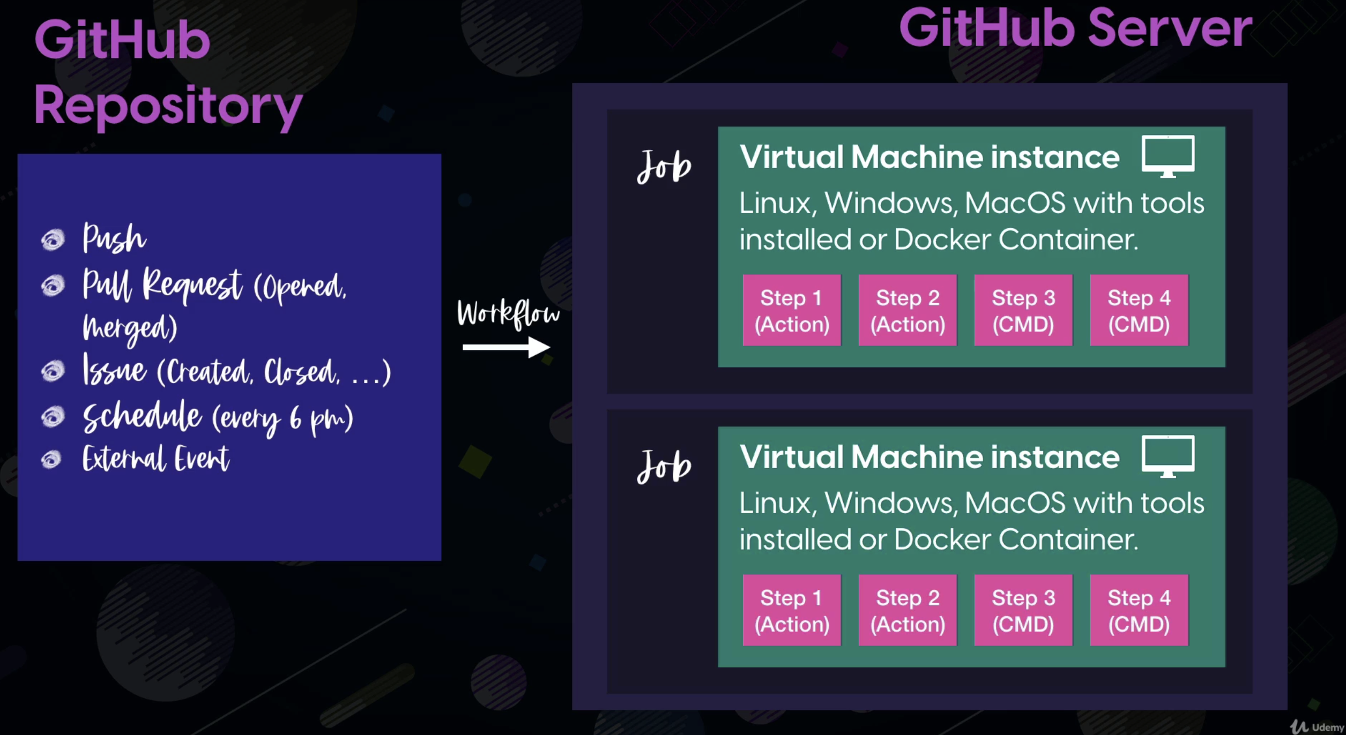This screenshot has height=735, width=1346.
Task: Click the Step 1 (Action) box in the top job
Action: click(792, 310)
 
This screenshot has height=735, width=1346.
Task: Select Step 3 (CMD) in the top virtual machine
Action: click(1023, 310)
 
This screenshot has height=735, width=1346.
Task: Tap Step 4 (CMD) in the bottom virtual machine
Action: click(1139, 610)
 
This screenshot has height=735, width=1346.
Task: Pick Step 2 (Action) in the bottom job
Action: click(908, 610)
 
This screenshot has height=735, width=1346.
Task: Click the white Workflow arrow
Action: click(506, 347)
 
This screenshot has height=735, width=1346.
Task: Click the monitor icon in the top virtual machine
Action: click(1167, 155)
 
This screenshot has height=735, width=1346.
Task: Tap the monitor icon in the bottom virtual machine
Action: click(1167, 455)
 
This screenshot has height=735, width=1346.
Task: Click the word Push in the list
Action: click(114, 238)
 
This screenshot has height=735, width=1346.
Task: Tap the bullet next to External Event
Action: click(51, 459)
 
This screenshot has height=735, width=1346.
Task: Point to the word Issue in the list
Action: click(114, 370)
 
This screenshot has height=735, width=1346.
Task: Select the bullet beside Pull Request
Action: click(53, 285)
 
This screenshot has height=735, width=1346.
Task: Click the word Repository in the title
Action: click(168, 106)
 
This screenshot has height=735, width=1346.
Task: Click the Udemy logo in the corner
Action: click(1317, 726)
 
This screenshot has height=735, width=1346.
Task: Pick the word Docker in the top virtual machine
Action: click(942, 239)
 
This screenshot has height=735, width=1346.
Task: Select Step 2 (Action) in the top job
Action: click(908, 310)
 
